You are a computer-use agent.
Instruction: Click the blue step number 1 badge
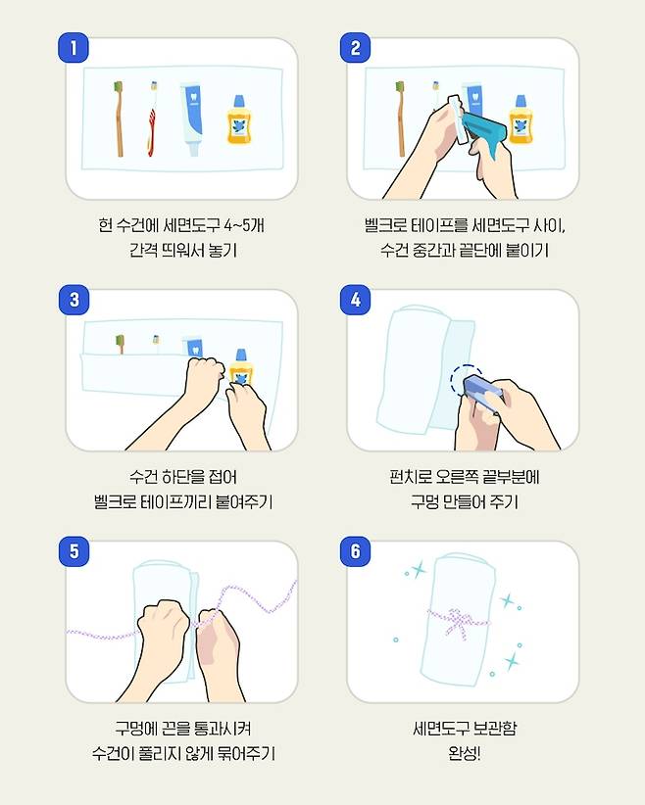coord(74,48)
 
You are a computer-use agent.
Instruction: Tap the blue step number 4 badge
coord(355,300)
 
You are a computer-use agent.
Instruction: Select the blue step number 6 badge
coord(355,551)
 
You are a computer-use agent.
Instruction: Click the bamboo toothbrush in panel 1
coord(119,118)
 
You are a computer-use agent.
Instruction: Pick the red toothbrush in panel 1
coord(152,118)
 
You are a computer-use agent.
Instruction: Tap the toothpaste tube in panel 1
coord(191,119)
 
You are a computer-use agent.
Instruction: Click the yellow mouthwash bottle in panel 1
coord(239,119)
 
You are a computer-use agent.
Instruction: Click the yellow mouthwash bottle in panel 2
coord(521,119)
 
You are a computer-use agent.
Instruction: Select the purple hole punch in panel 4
coord(482,393)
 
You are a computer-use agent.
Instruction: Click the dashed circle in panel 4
coord(467,381)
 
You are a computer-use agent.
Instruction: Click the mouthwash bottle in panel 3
coord(240,366)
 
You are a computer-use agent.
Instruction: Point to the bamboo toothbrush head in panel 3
coord(120,340)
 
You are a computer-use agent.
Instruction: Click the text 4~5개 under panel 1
coord(244,225)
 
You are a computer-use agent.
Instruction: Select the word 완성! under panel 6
coord(464,753)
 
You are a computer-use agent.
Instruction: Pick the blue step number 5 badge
coord(74,551)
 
